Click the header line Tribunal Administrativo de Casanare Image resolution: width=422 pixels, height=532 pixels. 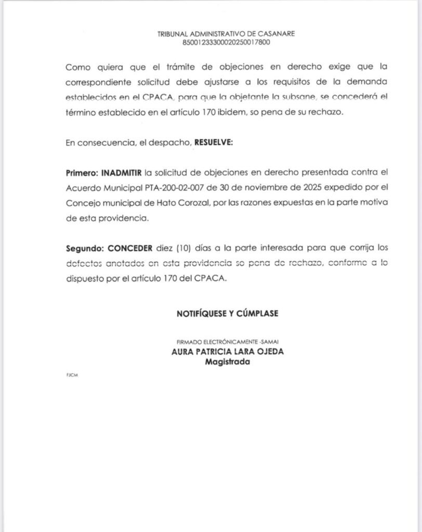pyautogui.click(x=226, y=34)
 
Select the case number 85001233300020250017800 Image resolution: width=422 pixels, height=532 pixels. pyautogui.click(x=226, y=42)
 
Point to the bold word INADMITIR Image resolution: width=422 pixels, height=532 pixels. pyautogui.click(x=122, y=172)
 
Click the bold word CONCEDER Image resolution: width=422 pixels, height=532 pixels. pyautogui.click(x=129, y=248)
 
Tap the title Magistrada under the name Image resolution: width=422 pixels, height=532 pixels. pyautogui.click(x=227, y=362)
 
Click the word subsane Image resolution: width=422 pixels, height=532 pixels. pyautogui.click(x=296, y=97)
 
